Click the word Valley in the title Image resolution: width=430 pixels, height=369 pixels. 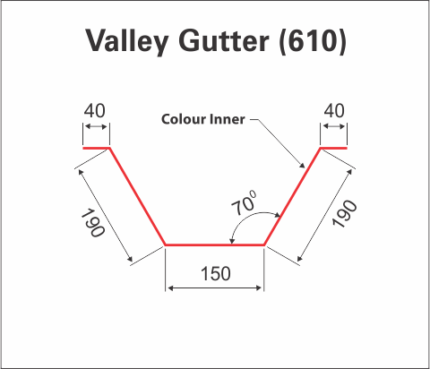point(127,41)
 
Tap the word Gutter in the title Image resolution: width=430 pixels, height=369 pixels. point(224,40)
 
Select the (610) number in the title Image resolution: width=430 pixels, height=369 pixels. point(313,41)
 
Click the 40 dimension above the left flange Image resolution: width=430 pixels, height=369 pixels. point(95,111)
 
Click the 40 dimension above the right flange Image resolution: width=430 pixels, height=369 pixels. point(334,111)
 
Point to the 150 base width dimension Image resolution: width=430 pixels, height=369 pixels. point(216,273)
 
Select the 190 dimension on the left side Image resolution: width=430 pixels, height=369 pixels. point(93,223)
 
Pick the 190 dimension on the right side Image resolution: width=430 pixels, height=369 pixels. point(344,214)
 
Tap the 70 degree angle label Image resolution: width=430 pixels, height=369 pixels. point(245,203)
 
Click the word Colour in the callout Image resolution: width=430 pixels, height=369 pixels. point(183,119)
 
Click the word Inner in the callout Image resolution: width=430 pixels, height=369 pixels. point(228,119)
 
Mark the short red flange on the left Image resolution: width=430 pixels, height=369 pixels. point(96,148)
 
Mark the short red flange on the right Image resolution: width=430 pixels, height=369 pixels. point(333,148)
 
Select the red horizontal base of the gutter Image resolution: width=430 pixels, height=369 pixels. point(215,245)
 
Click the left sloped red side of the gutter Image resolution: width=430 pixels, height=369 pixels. point(137,196)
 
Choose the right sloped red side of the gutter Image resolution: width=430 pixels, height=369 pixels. point(292,196)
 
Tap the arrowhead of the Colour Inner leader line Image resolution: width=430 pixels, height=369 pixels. point(302,165)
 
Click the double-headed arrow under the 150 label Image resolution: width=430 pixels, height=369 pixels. point(215,288)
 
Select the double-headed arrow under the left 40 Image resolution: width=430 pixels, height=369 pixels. point(96,127)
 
